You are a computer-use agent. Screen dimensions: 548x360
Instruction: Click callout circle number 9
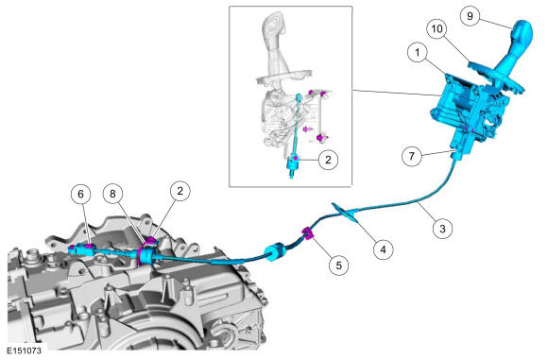tap(471, 16)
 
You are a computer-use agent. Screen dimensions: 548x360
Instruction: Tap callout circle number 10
tap(437, 29)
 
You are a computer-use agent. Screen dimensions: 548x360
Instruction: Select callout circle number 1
tap(418, 52)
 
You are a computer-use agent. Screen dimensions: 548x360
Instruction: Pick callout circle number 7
tap(412, 156)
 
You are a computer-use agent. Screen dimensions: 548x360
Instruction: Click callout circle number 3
tap(442, 229)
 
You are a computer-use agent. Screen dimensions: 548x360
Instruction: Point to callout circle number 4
tap(383, 249)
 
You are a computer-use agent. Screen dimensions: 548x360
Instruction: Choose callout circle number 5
tap(338, 266)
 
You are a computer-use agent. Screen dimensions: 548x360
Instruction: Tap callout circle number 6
tap(80, 194)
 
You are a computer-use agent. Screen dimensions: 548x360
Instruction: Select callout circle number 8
tap(112, 194)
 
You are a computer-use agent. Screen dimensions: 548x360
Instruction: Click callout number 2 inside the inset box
tap(328, 160)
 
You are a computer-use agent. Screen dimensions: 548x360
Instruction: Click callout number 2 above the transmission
tap(180, 191)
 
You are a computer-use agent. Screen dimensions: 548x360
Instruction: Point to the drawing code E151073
tap(25, 351)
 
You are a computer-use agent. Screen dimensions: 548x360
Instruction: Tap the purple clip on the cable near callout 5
tap(307, 233)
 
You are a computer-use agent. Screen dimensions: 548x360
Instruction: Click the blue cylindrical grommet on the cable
tap(275, 252)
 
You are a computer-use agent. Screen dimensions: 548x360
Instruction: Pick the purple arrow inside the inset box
tap(308, 129)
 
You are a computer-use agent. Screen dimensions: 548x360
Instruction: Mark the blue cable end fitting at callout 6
tap(82, 249)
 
